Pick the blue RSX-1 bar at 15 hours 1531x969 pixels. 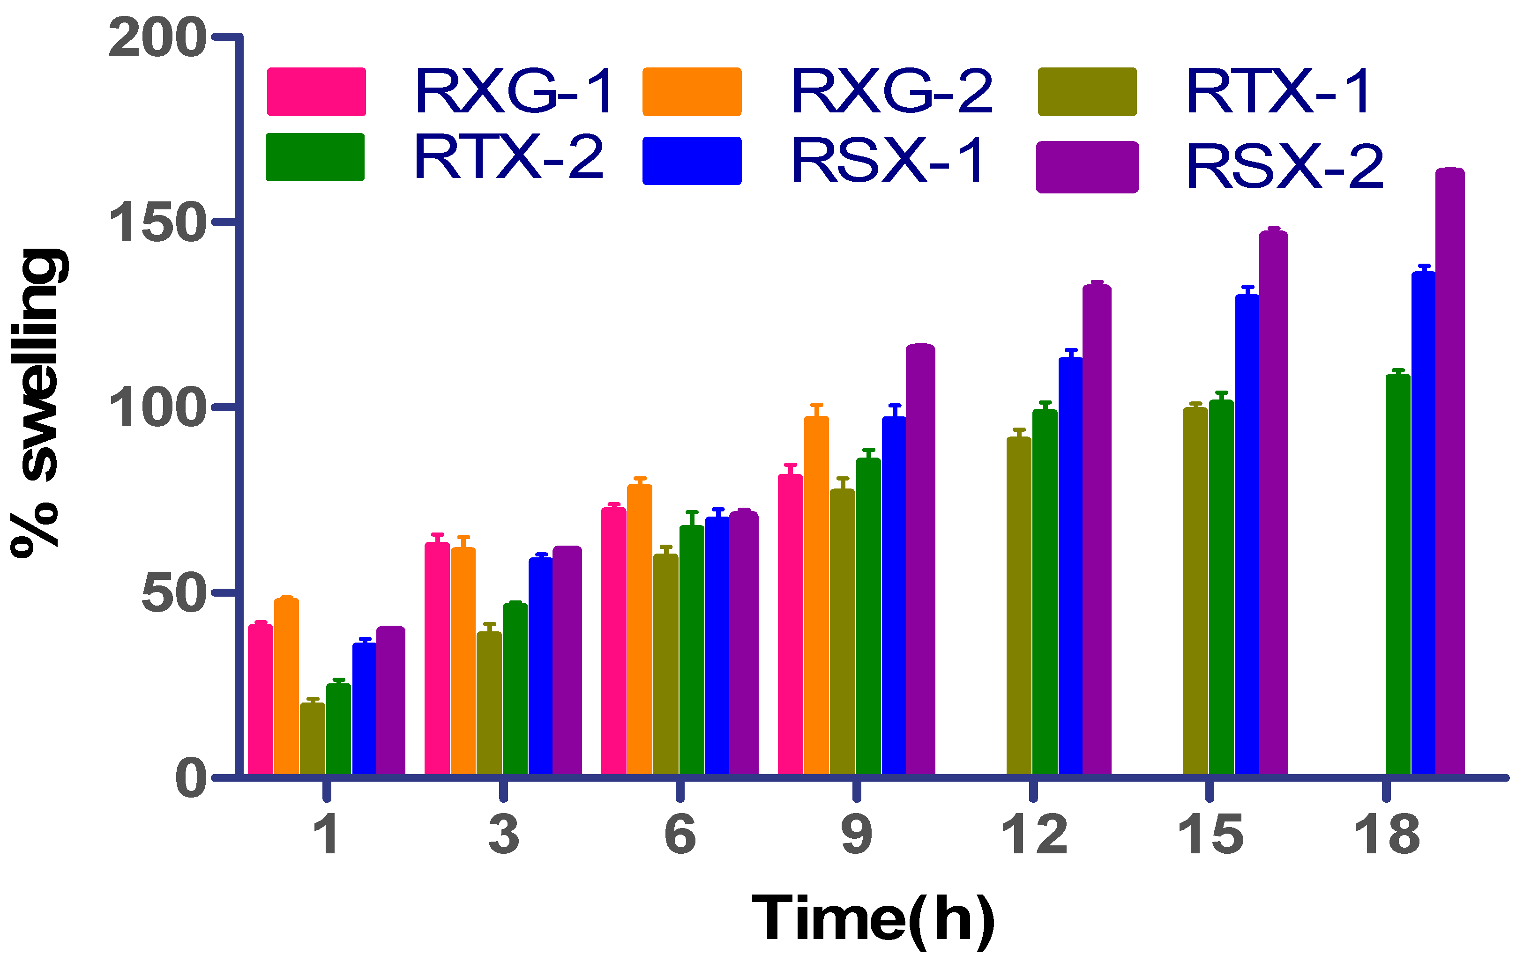(1247, 534)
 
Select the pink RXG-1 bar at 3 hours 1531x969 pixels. (437, 658)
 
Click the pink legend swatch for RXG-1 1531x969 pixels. (316, 91)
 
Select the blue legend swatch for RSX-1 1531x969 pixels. (692, 160)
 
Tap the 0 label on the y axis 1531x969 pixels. (191, 778)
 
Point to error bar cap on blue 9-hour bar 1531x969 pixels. (895, 405)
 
